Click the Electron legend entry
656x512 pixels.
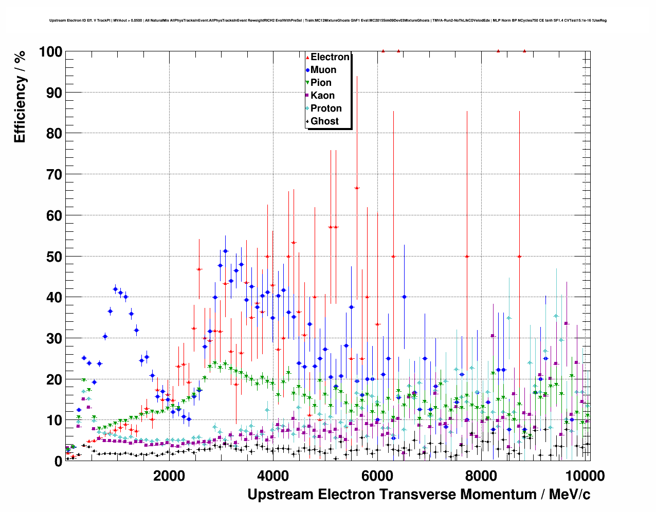(x=330, y=57)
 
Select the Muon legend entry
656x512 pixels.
(x=323, y=70)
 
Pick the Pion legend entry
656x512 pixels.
(x=321, y=83)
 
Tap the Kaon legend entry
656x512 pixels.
(x=322, y=96)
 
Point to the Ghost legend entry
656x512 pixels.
(x=324, y=121)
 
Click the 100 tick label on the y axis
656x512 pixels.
(x=50, y=52)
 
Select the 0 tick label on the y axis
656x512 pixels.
(x=58, y=461)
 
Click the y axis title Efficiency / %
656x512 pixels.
(x=20, y=96)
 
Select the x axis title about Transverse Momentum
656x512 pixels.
(x=418, y=495)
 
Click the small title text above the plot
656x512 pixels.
(x=328, y=21)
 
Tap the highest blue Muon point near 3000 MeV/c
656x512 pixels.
(x=225, y=251)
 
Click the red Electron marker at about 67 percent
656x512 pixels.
(x=357, y=188)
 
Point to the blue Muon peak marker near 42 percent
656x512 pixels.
(x=115, y=289)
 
